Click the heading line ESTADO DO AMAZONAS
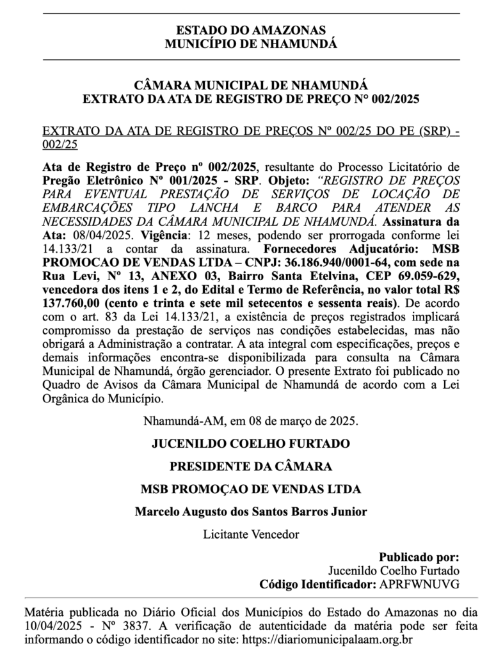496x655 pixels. pos(251,30)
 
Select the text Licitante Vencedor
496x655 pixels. pos(251,533)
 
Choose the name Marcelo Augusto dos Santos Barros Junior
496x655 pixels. pos(251,512)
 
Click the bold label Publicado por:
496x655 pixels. pos(419,556)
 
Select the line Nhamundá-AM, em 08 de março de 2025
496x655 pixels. pos(251,422)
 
